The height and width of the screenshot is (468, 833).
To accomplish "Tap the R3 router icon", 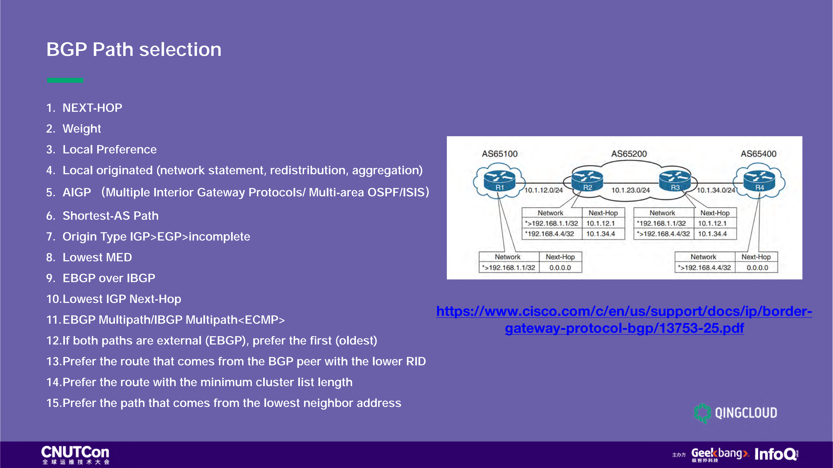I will pyautogui.click(x=675, y=181).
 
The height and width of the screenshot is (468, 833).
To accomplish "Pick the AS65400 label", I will pyautogui.click(x=758, y=154).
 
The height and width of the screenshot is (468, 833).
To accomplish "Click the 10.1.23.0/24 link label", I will pyautogui.click(x=630, y=190).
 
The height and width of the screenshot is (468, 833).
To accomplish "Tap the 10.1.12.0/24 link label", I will pyautogui.click(x=543, y=190).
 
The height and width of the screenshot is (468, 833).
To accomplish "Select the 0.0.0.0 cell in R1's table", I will pyautogui.click(x=560, y=267).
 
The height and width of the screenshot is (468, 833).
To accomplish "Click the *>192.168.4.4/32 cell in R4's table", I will pyautogui.click(x=705, y=267).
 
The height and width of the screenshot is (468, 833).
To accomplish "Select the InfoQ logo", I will pyautogui.click(x=776, y=454).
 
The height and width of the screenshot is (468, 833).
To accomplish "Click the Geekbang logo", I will pyautogui.click(x=719, y=454).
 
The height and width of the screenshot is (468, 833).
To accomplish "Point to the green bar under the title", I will pyautogui.click(x=65, y=80).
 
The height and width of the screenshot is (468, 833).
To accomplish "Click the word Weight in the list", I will pyautogui.click(x=82, y=129).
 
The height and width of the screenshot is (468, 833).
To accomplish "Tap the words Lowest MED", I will pyautogui.click(x=97, y=257).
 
